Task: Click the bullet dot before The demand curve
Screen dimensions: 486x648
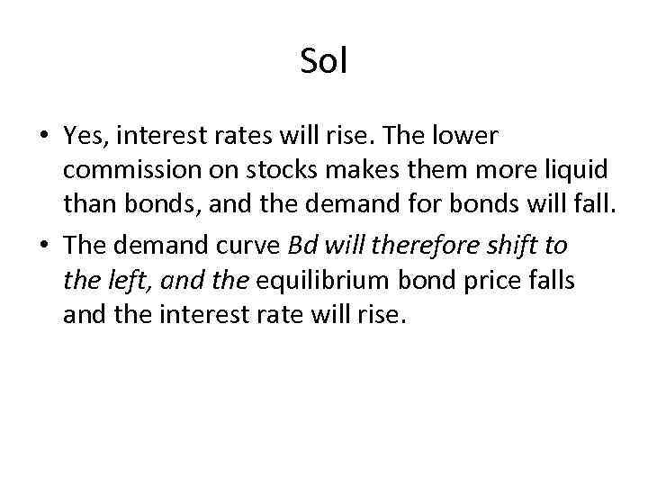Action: click(42, 246)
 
